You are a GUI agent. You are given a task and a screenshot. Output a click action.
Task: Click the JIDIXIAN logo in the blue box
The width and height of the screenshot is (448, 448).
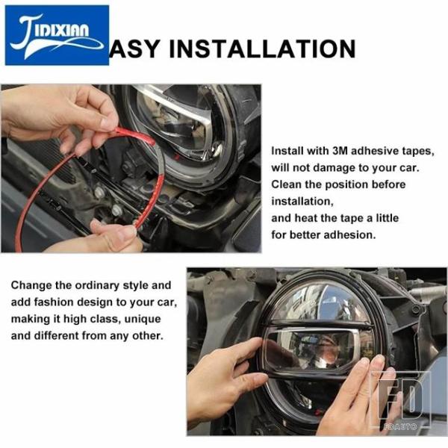pyautogui.click(x=57, y=35)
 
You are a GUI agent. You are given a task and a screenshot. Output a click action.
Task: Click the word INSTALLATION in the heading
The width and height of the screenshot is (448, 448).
pyautogui.click(x=262, y=49)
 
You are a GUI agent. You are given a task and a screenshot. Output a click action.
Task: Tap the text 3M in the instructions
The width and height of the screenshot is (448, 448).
pyautogui.click(x=340, y=151)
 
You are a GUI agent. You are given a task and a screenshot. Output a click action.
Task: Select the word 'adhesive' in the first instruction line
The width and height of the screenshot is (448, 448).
pyautogui.click(x=370, y=151)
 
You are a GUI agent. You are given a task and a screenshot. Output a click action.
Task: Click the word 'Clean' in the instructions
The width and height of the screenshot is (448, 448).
pyautogui.click(x=286, y=184)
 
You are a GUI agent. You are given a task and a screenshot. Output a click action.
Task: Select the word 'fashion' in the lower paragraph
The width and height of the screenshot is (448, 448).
pyautogui.click(x=54, y=302)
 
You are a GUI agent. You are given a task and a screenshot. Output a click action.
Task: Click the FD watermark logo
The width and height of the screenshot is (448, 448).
pyautogui.click(x=400, y=400)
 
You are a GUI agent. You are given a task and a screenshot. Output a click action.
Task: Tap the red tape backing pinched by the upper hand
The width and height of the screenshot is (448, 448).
pyautogui.click(x=134, y=136)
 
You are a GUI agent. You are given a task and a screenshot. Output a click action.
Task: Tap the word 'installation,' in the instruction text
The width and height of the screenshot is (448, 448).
pyautogui.click(x=302, y=202)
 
